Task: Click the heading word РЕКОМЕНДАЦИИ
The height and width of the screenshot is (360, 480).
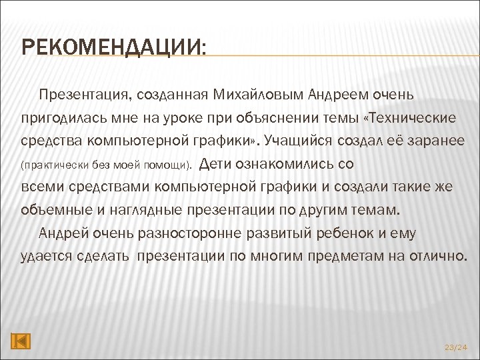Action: [x=113, y=48]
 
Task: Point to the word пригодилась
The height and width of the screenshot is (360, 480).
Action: [x=61, y=118]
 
